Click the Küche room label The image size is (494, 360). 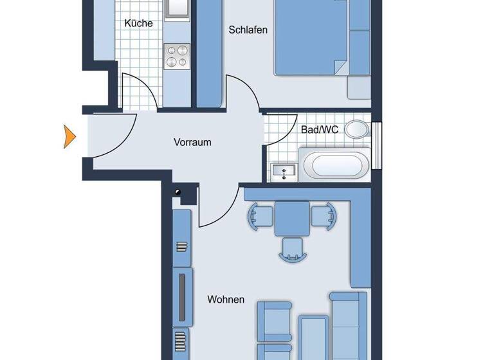(x=138, y=23)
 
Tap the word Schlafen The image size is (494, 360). (x=248, y=30)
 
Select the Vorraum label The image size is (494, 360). (x=192, y=143)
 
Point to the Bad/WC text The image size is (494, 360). (x=319, y=129)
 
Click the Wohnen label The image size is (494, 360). (x=225, y=300)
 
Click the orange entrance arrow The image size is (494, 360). (x=69, y=136)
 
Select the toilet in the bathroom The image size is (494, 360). (x=356, y=129)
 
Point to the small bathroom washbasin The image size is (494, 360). (x=283, y=171)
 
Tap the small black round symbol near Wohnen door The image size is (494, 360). (x=178, y=192)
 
